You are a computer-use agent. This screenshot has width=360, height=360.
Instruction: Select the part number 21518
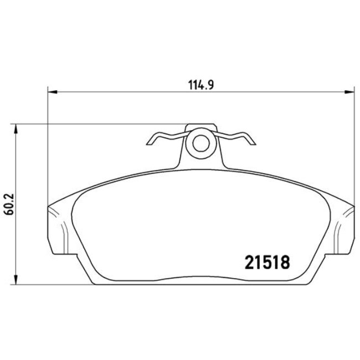click(267, 261)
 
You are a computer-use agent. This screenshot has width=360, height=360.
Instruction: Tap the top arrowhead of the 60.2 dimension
click(17, 128)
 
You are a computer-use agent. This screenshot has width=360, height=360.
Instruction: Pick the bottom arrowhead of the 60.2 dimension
click(17, 280)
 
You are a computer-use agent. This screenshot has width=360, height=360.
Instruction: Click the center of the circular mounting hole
click(200, 143)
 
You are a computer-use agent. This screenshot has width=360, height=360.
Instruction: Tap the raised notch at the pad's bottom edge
click(200, 279)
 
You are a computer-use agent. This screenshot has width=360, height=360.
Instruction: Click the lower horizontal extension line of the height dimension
click(55, 284)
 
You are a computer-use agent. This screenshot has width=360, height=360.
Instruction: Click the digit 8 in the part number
click(284, 261)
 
